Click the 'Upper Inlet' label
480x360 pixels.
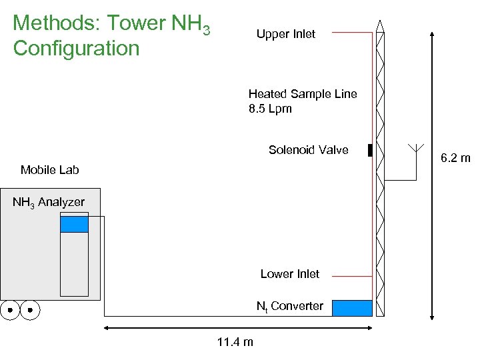pyautogui.click(x=285, y=34)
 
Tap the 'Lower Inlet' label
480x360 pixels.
pyautogui.click(x=289, y=274)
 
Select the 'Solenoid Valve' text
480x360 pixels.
pyautogui.click(x=308, y=150)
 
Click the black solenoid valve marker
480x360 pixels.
pyautogui.click(x=369, y=151)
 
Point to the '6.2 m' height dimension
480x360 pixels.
pyautogui.click(x=456, y=158)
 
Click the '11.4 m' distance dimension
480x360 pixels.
pyautogui.click(x=235, y=343)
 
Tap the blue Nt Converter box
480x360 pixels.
pyautogui.click(x=352, y=308)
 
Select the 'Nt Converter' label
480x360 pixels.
pyautogui.click(x=290, y=307)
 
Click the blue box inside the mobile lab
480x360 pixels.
pyautogui.click(x=74, y=225)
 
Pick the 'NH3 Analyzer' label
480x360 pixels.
pyautogui.click(x=49, y=202)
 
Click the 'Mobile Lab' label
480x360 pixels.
pyautogui.click(x=49, y=170)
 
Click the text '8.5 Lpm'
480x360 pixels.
pyautogui.click(x=270, y=109)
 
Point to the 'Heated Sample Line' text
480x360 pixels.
pyautogui.click(x=303, y=94)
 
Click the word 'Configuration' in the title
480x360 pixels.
pyautogui.click(x=76, y=48)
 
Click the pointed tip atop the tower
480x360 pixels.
pyautogui.click(x=379, y=25)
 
